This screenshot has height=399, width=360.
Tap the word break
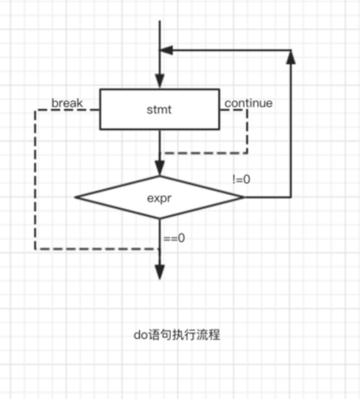[67, 104]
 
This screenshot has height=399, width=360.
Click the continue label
[248, 104]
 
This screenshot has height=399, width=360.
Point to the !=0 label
[241, 179]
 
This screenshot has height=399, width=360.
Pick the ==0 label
[175, 237]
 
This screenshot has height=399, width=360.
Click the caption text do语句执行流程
[176, 334]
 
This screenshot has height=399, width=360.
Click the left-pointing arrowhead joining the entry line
[167, 51]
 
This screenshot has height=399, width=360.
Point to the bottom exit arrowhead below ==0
[159, 272]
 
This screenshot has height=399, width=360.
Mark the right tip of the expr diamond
[243, 197]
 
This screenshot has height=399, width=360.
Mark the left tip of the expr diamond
[76, 197]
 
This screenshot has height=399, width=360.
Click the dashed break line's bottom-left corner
[36, 249]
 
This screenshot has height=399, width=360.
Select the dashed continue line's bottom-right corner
[247, 153]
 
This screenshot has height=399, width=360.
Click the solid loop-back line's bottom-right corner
[291, 197]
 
